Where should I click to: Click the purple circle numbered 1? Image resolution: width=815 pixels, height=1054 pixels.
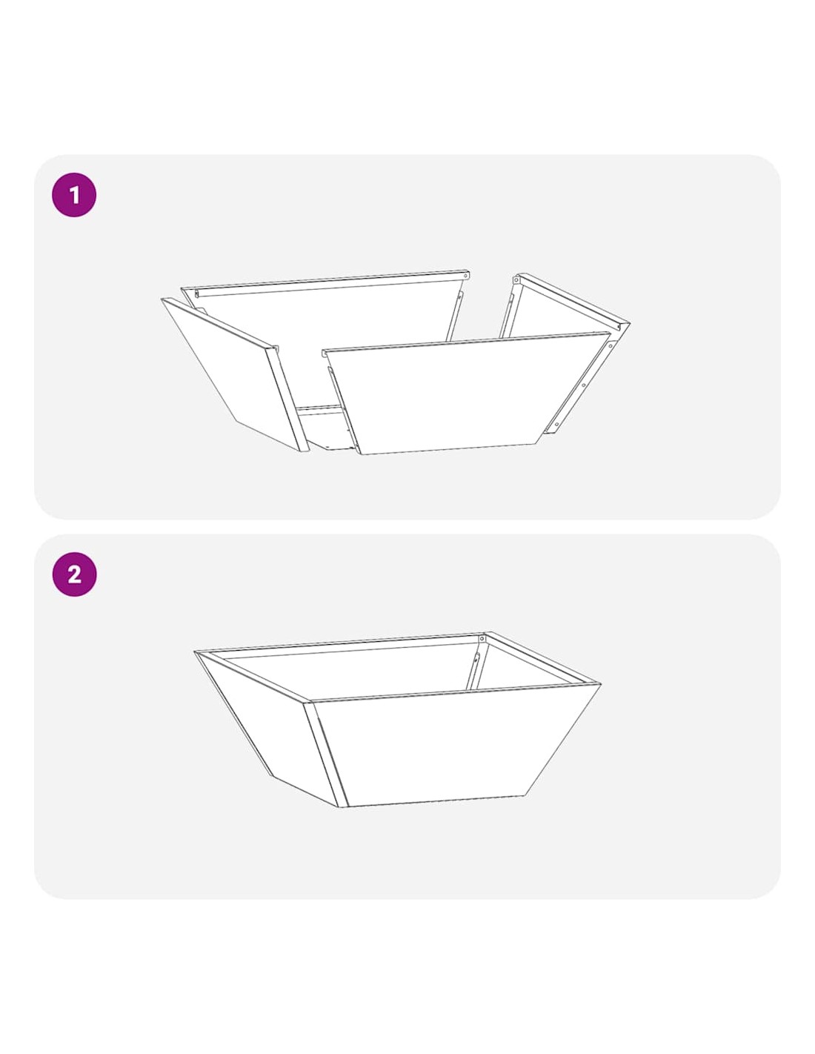(x=73, y=195)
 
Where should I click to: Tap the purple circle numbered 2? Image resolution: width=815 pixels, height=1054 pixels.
(x=73, y=574)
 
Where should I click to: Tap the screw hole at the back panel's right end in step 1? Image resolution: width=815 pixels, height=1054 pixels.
(x=467, y=276)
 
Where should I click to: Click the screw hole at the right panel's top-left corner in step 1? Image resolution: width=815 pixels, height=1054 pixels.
(x=517, y=280)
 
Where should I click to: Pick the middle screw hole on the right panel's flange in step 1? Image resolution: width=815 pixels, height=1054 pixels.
(x=583, y=385)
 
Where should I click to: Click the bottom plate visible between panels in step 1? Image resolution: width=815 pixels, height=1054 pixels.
(x=325, y=428)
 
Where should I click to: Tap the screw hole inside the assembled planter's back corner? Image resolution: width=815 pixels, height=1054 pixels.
(x=482, y=640)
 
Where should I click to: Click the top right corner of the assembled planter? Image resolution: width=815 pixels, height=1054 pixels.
(x=601, y=684)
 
